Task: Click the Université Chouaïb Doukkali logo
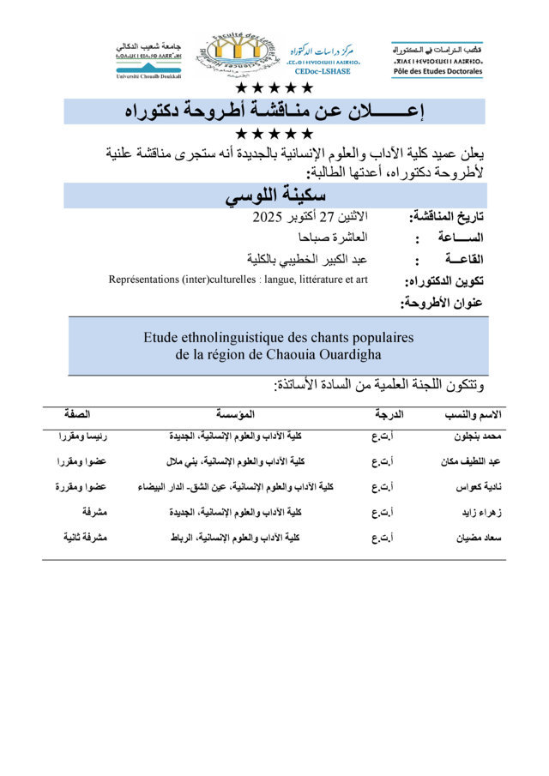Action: point(148,58)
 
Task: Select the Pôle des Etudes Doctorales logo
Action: point(437,58)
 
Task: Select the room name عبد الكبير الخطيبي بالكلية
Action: point(307,259)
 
